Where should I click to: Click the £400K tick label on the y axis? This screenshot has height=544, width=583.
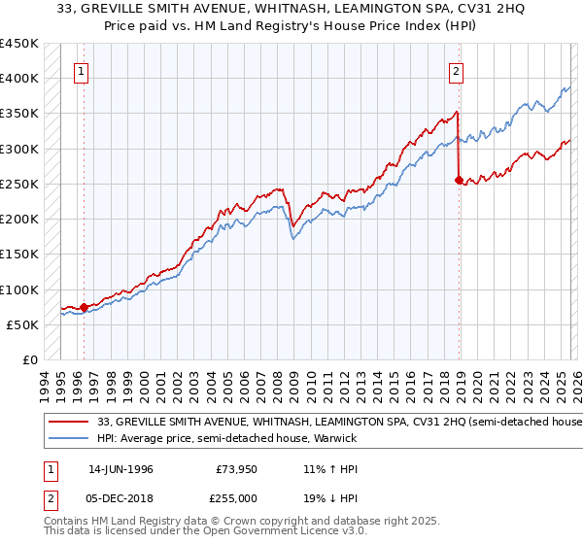[x=19, y=79]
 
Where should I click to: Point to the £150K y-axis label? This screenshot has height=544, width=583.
[x=19, y=254]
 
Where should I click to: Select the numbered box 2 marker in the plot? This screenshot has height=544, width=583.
[x=456, y=70]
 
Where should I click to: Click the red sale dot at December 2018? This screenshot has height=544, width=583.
[x=460, y=180]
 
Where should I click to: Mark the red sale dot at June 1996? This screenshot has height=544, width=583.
[x=85, y=307]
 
